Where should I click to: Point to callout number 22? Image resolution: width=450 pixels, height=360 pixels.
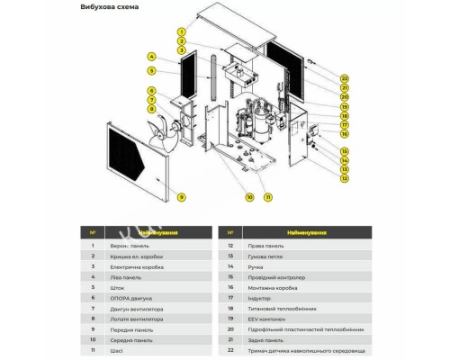click(x=345, y=79)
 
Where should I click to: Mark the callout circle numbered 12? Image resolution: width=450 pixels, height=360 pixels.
click(x=345, y=178)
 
